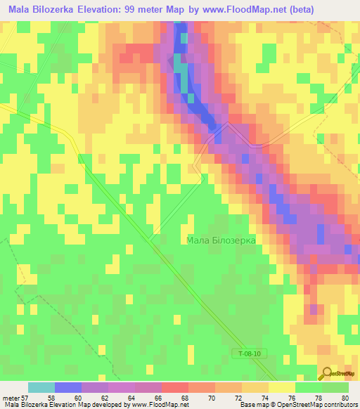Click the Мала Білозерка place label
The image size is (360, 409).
pos(221,240)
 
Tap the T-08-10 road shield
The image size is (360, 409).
pos(247,355)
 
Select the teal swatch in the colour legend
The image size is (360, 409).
pos(41,387)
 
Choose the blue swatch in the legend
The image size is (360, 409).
pos(68,387)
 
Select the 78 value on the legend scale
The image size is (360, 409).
pos(321,397)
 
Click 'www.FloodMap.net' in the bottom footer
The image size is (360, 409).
pos(157,405)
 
